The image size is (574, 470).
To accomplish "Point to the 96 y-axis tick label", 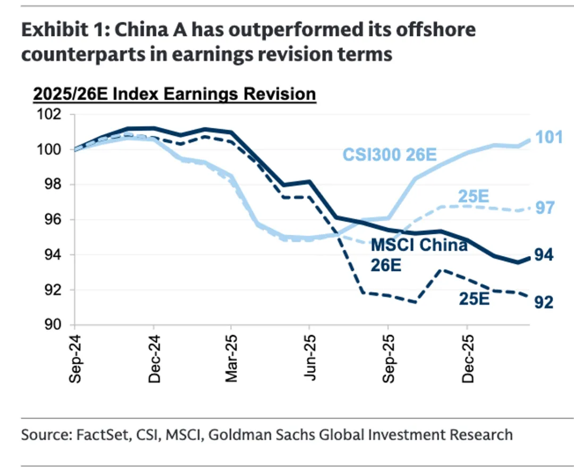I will coord(52,220).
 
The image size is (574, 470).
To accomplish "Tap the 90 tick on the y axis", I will coord(52,325).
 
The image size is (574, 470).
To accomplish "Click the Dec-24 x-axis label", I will coord(154,359).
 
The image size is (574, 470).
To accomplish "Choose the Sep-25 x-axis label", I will coord(389,359).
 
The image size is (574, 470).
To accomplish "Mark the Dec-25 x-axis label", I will coord(467,359).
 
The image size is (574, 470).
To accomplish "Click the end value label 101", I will coord(548,137).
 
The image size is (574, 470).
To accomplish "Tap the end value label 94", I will coord(544,256).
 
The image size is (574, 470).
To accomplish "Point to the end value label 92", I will coord(544,302).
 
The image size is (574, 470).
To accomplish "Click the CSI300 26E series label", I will coord(389,155).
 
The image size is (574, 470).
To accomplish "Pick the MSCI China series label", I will coord(419,245).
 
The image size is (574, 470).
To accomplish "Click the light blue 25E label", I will coord(473,197).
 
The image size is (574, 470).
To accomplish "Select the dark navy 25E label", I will coord(474,299).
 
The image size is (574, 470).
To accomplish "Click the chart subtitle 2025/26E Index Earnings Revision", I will coord(174,94).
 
